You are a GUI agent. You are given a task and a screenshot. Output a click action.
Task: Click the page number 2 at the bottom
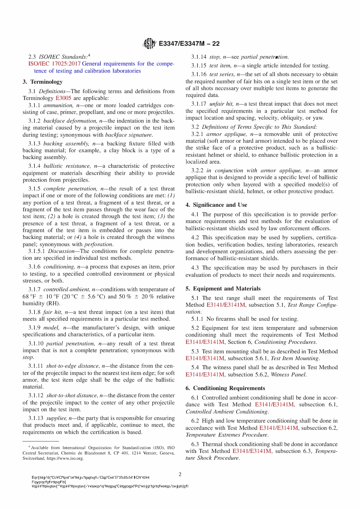[180, 474]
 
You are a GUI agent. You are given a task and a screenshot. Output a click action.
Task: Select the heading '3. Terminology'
[42, 82]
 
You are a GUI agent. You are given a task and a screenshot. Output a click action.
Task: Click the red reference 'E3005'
[63, 98]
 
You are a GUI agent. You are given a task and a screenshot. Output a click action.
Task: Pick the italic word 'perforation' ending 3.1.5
[98, 244]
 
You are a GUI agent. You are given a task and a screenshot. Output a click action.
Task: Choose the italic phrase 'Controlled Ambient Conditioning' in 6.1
[227, 412]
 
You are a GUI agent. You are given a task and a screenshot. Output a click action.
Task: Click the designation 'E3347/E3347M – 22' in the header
[189, 44]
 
